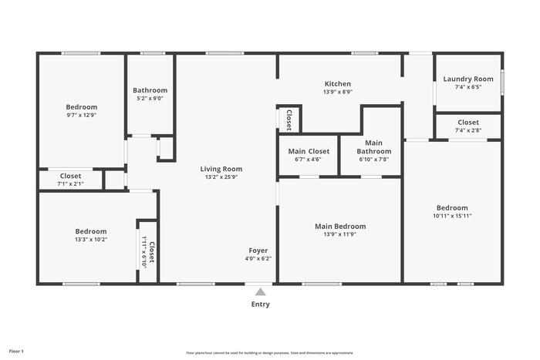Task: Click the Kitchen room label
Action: pos(338,84)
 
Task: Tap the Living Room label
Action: pos(221,169)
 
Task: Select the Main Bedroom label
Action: pos(340,227)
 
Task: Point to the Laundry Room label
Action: pos(468,79)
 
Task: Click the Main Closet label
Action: pos(309,151)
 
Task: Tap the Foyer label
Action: pos(258,251)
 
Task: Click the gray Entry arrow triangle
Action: pos(261,291)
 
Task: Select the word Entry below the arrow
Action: pos(261,304)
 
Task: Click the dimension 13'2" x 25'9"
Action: pos(221,177)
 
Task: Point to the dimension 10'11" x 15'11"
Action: pos(452,216)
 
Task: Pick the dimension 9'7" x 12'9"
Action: pos(81,115)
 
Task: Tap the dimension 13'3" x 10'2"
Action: pos(91,239)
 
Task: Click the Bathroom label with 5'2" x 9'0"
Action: pos(150,90)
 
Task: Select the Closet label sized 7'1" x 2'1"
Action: pos(70,176)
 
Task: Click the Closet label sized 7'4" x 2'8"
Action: pos(468,122)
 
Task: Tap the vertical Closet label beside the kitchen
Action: pos(289,119)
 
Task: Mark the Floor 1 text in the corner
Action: pos(16,351)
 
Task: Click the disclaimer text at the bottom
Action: pos(269,352)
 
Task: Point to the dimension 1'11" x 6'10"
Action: pos(144,251)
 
